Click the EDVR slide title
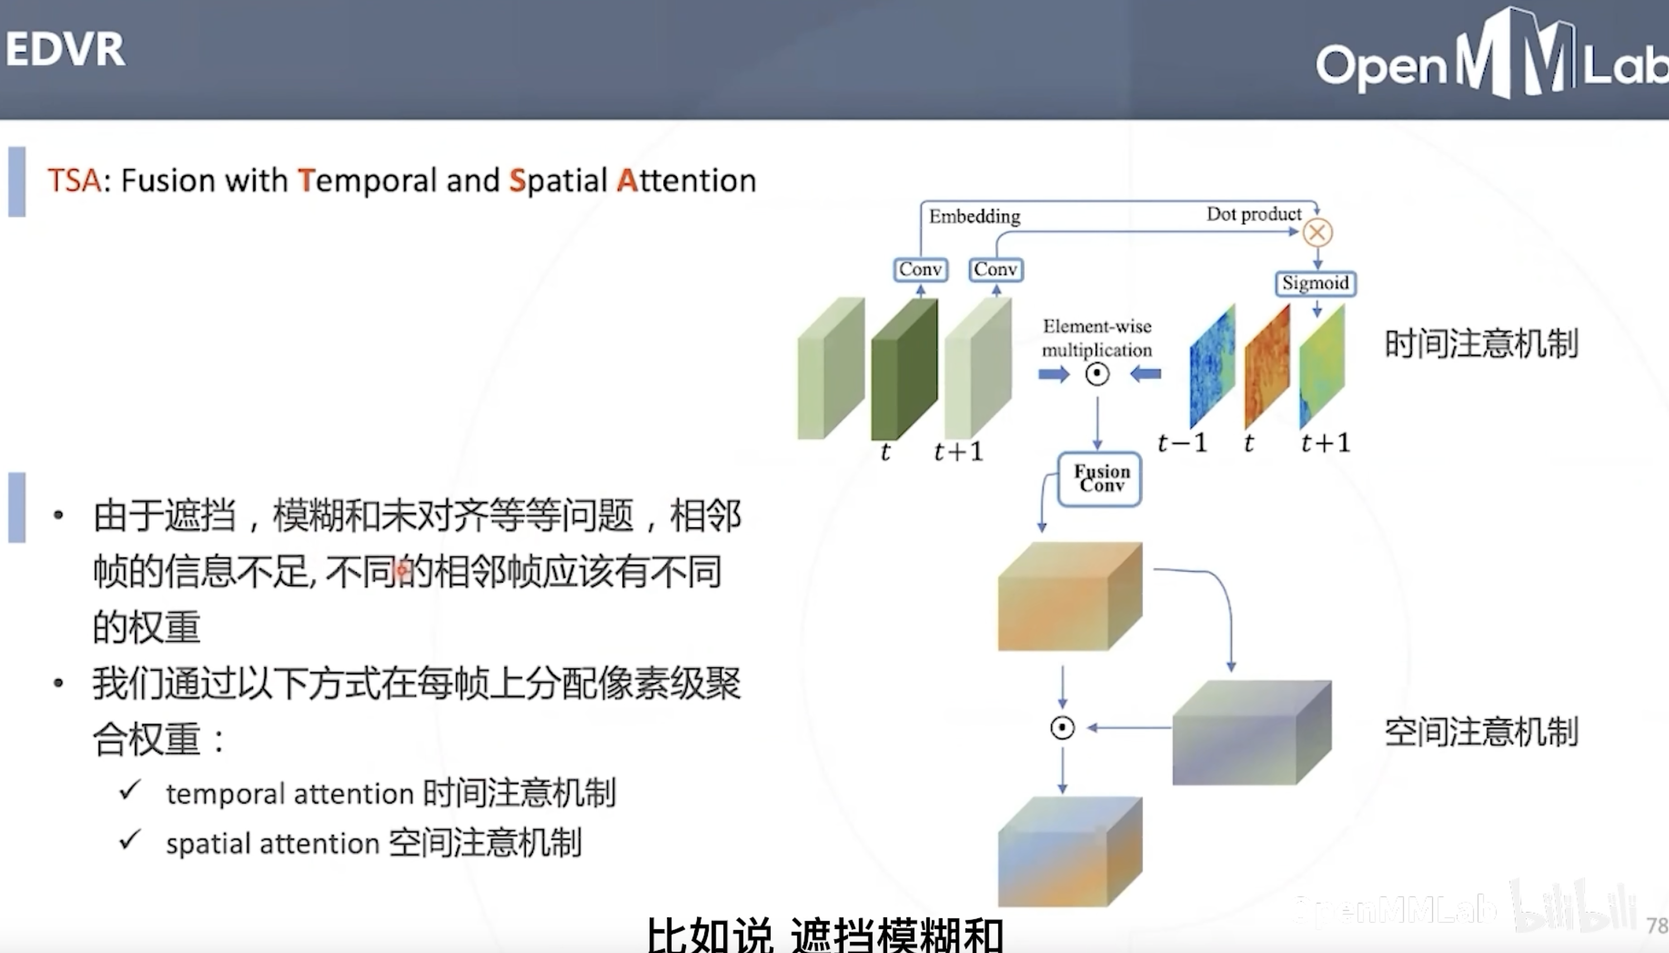(65, 49)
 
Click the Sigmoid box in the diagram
(1316, 283)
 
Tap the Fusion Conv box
(1100, 479)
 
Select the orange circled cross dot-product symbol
(1317, 232)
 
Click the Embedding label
(974, 216)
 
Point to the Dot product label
(1254, 214)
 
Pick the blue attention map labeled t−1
(1212, 367)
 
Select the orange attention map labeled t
(1267, 367)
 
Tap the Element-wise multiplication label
(1097, 338)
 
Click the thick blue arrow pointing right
(1053, 374)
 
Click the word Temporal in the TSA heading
(367, 181)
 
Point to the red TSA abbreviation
(74, 180)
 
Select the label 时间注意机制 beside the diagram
(1481, 344)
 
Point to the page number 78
(1657, 926)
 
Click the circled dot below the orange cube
(1062, 728)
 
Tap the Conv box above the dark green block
(920, 269)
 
